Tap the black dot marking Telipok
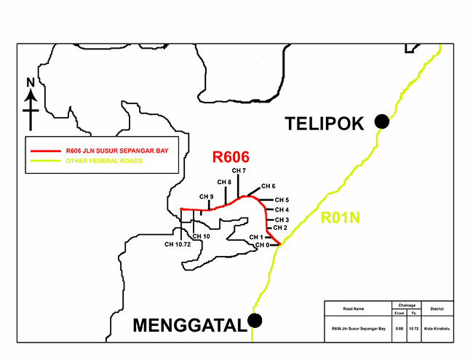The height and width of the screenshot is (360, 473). pos(381,122)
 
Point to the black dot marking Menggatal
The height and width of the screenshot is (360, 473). pos(255,320)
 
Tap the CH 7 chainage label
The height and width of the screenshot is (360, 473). pos(239,170)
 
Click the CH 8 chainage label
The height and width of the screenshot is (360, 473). pos(224,182)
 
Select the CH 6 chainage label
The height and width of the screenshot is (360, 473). pos(268,186)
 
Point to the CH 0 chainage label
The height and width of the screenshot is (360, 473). pos(262,245)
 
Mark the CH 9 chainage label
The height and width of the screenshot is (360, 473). pos(207,197)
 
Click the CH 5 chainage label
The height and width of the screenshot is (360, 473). pos(282,200)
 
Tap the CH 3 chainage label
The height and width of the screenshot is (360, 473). pos(282,220)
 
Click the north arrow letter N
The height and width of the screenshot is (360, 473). pos(31,82)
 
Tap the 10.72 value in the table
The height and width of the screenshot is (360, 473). pos(413,329)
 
